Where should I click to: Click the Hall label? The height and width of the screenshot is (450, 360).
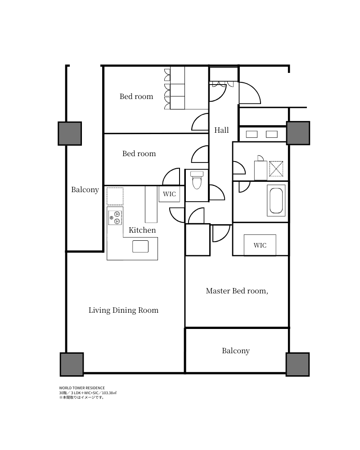(221, 130)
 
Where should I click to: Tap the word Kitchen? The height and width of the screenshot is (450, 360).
(142, 230)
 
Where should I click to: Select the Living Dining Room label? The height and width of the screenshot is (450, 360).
(123, 310)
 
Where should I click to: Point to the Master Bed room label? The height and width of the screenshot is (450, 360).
(237, 291)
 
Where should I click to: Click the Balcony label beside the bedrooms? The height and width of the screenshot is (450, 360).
(85, 189)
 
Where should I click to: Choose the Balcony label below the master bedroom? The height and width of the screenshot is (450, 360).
(236, 351)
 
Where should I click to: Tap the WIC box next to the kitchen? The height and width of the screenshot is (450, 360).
(170, 194)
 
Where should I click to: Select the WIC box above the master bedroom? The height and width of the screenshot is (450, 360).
(260, 245)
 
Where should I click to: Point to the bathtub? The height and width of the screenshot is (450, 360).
(276, 201)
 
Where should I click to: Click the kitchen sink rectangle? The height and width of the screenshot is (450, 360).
(140, 247)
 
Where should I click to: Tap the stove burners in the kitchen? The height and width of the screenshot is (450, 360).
(115, 218)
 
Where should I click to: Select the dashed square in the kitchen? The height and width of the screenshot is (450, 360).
(115, 196)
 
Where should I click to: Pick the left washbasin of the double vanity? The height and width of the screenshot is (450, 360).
(252, 134)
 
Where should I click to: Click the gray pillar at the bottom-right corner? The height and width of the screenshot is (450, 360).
(297, 364)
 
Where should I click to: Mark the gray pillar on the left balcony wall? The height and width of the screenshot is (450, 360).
(70, 133)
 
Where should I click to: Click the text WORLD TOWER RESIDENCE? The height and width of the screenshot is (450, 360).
(82, 387)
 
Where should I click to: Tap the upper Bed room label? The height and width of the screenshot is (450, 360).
(136, 96)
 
